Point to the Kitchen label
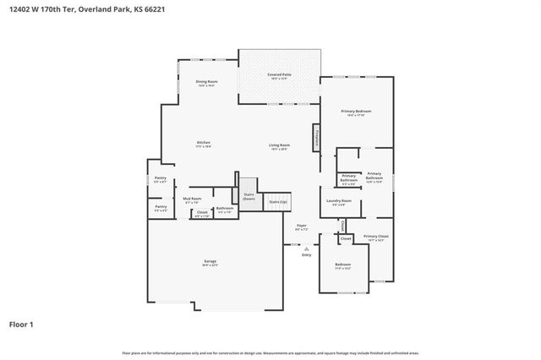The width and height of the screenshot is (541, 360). coord(204,144)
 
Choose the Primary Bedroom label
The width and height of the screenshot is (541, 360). coord(356,113)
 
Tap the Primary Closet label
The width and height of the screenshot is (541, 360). coord(375,238)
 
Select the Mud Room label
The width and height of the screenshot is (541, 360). coord(192,200)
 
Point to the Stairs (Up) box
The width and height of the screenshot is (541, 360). coord(278,203)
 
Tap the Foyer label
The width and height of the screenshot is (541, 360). coord(301,227)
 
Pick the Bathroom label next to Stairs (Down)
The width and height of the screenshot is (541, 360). coord(225,210)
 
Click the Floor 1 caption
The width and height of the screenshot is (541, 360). coord(22,324)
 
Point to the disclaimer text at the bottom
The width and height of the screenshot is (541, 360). coord(270,352)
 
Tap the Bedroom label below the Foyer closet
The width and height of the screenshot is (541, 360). coord(343,266)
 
